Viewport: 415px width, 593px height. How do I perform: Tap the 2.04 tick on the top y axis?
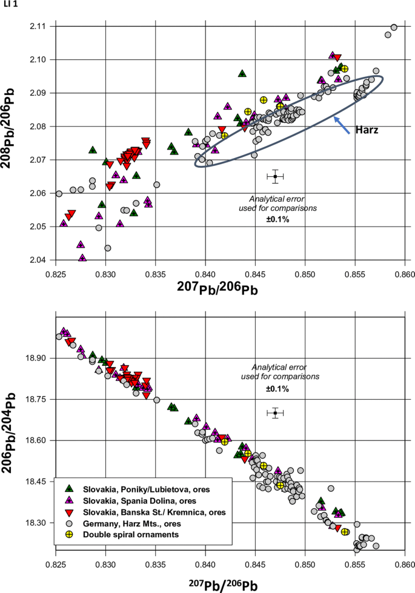[37, 260]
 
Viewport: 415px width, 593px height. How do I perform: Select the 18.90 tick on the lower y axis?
[35, 359]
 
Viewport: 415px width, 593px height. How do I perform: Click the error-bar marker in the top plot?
[275, 176]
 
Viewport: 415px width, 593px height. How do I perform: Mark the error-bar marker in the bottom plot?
[275, 413]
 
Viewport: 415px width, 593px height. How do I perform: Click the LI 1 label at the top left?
[10, 5]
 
